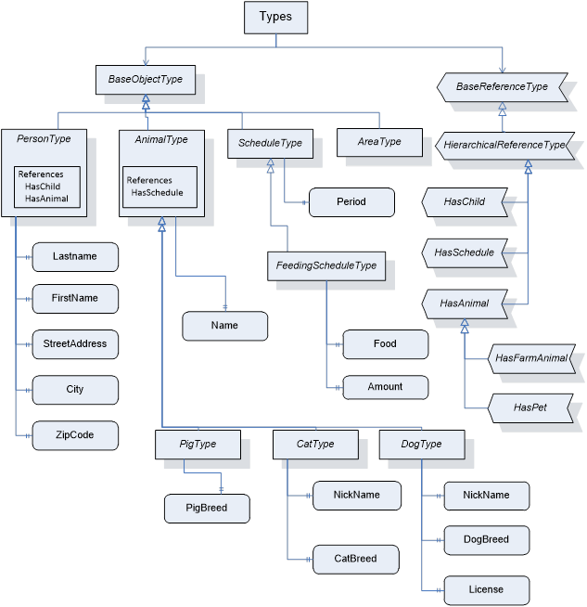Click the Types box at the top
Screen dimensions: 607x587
[274, 18]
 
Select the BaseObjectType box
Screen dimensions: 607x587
[145, 80]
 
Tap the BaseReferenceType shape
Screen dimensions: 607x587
[502, 87]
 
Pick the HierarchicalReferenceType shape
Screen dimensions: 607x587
[504, 145]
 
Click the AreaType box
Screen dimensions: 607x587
[379, 142]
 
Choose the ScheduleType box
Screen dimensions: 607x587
[269, 143]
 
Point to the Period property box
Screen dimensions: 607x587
[351, 201]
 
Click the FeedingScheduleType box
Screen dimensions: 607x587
[326, 265]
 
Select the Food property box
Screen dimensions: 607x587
[385, 343]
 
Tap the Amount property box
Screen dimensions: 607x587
[385, 387]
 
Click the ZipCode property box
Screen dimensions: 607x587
[75, 434]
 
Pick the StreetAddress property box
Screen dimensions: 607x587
[75, 343]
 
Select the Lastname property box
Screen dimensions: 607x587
[75, 255]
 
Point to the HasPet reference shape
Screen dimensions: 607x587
[530, 407]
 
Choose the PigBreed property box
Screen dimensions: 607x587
[207, 508]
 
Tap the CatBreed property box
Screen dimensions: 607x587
[356, 559]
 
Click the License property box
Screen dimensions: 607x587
[486, 589]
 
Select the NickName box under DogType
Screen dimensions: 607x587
[486, 495]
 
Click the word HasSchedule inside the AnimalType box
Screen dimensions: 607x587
[157, 193]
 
